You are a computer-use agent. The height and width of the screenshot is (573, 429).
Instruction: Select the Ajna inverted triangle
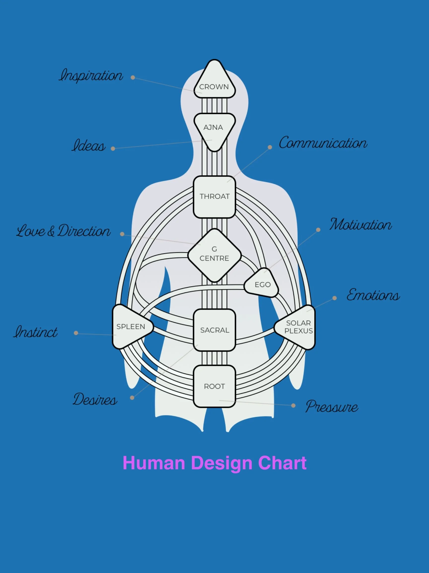[x=214, y=129]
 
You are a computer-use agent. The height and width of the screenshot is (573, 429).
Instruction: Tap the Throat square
[x=214, y=197]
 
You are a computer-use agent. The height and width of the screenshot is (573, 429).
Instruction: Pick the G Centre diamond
[x=214, y=255]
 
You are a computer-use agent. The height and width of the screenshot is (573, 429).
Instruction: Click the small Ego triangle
[x=262, y=284]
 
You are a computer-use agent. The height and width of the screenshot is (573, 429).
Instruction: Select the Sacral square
[x=214, y=330]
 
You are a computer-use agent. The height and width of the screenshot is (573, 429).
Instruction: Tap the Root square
[x=214, y=386]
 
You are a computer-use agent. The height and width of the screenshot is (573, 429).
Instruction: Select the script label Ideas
[x=89, y=145]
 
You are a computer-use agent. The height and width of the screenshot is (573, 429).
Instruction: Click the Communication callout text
[x=323, y=143]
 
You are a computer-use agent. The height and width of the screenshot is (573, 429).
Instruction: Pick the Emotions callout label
[x=373, y=295]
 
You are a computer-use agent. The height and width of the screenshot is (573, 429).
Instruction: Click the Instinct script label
[x=36, y=332]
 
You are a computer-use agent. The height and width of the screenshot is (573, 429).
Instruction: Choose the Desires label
[x=95, y=399]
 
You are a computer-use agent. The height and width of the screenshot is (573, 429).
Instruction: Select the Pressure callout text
[x=332, y=406]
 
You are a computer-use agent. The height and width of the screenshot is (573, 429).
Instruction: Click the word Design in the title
[x=221, y=463]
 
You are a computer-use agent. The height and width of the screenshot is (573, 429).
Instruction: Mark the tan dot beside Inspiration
[x=133, y=77]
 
